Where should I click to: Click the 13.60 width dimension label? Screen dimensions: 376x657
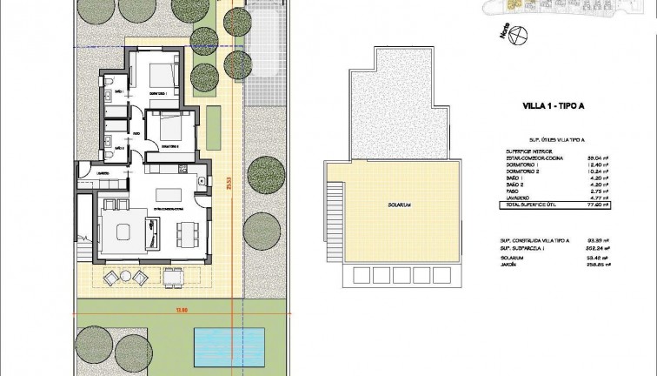(156, 310)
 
